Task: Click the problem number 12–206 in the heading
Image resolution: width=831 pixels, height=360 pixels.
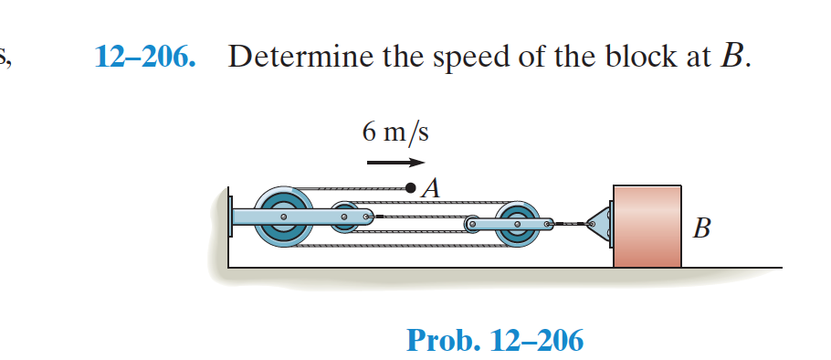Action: click(x=145, y=58)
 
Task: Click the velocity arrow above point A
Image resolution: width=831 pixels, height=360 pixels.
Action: click(x=395, y=164)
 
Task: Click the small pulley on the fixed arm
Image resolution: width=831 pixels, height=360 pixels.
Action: click(x=345, y=218)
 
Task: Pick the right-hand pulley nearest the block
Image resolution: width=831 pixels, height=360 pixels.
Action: click(x=516, y=222)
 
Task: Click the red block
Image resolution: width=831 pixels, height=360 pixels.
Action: click(x=647, y=225)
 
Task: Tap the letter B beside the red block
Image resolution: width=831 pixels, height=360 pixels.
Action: click(x=700, y=227)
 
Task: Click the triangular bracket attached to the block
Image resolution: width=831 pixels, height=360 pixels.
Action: click(x=599, y=222)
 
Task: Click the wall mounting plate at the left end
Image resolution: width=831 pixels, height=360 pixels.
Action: click(x=228, y=218)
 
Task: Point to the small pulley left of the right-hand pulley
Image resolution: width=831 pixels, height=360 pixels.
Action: click(x=474, y=222)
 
